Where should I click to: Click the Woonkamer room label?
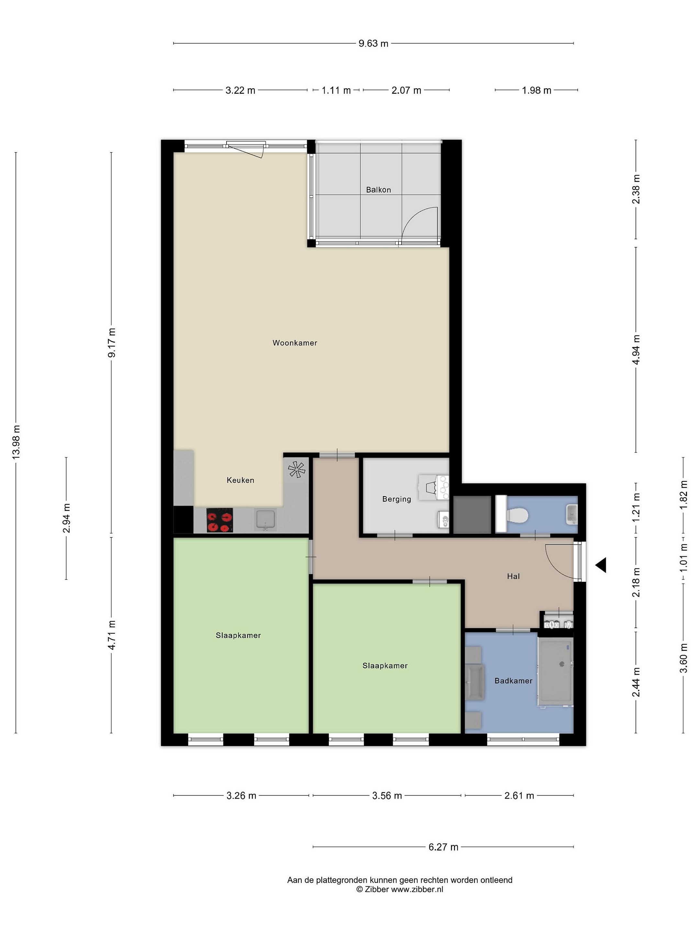(294, 343)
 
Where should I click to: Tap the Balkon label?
(378, 190)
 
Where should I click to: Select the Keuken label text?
(240, 480)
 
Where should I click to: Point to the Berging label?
(396, 499)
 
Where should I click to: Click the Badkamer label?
(513, 681)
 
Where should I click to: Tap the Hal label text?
(513, 576)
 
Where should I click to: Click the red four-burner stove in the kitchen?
(219, 520)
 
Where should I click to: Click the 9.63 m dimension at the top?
(373, 43)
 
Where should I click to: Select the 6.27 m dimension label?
(443, 847)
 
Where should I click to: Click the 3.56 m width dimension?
(387, 795)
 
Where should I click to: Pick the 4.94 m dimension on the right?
(636, 350)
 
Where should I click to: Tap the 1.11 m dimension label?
(336, 90)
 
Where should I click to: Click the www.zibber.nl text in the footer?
(417, 889)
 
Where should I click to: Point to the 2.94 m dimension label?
(66, 518)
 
